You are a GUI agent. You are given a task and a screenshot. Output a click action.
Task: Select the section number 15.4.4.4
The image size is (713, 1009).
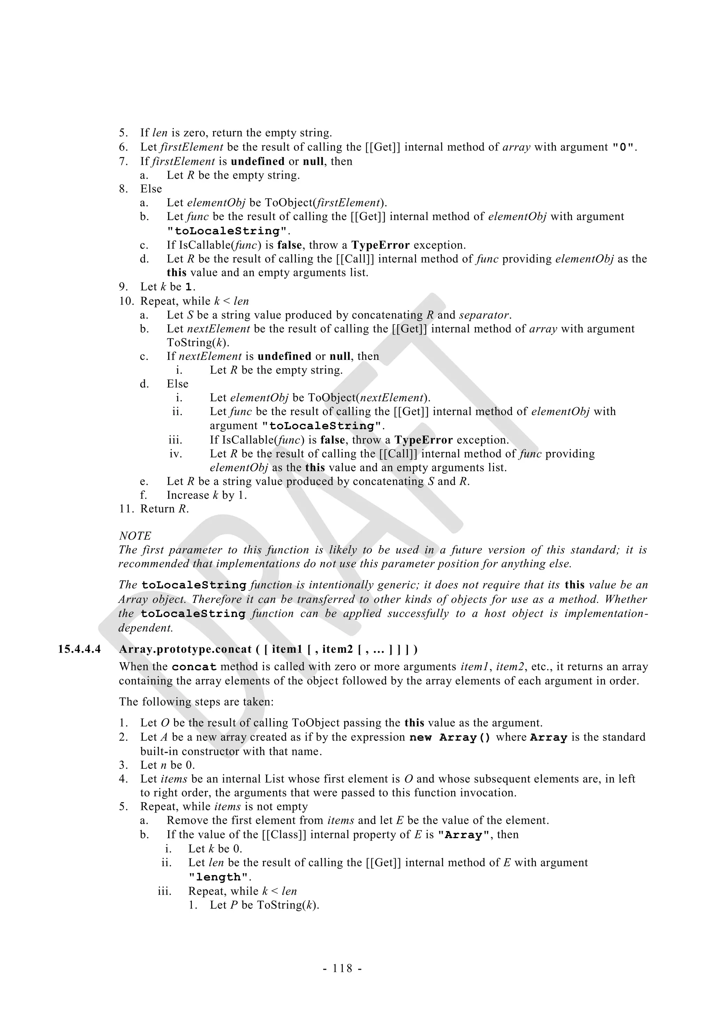(79, 650)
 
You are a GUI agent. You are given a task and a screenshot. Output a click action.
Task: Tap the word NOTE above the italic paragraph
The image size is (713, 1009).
(135, 536)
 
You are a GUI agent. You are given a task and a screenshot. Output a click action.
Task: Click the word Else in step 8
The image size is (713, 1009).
(151, 189)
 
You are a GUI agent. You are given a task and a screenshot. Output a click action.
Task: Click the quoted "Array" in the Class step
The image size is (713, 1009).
(464, 835)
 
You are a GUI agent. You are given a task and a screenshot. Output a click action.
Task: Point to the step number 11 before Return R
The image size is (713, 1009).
(124, 509)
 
